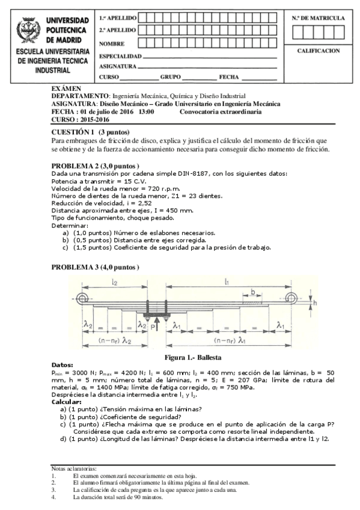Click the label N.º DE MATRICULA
point(318,18)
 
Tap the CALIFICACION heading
point(318,51)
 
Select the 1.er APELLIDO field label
point(118,18)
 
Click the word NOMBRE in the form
point(111,43)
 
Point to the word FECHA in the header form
point(229,78)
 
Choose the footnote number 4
point(53,497)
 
